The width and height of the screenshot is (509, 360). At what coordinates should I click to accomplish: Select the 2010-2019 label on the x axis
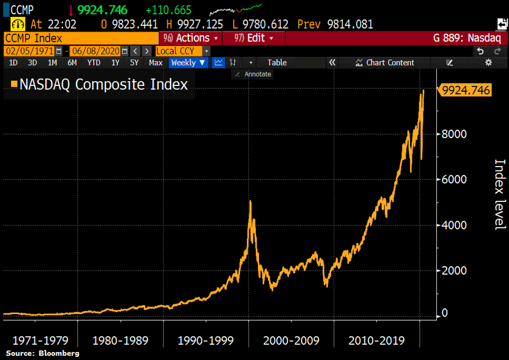pyautogui.click(x=377, y=340)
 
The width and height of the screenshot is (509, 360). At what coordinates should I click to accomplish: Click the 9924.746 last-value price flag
pyautogui.click(x=466, y=90)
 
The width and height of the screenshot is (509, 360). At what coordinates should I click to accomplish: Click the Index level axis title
pyautogui.click(x=501, y=194)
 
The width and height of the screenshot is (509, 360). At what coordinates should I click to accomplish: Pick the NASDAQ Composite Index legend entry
pyautogui.click(x=99, y=84)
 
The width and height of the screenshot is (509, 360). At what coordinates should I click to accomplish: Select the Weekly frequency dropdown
pyautogui.click(x=188, y=62)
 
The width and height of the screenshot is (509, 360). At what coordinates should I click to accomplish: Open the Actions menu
pyautogui.click(x=190, y=38)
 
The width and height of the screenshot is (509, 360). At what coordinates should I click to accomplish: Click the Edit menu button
pyautogui.click(x=253, y=38)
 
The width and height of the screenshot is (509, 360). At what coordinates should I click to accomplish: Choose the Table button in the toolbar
pyautogui.click(x=277, y=62)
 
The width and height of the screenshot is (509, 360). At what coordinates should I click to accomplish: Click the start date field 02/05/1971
pyautogui.click(x=29, y=51)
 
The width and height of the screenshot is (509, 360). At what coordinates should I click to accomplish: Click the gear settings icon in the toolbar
pyautogui.click(x=488, y=62)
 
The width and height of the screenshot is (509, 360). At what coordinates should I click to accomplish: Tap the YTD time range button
pyautogui.click(x=94, y=62)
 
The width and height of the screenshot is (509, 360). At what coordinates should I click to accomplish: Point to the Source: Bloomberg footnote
pyautogui.click(x=43, y=353)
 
